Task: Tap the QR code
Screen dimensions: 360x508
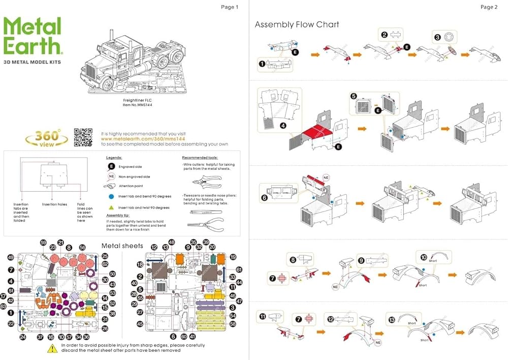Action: (x=83, y=137)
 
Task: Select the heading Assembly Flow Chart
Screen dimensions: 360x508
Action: (x=297, y=24)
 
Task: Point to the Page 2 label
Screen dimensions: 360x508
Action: (x=489, y=7)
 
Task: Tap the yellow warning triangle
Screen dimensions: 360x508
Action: (x=52, y=348)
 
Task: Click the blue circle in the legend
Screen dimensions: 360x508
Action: (x=111, y=195)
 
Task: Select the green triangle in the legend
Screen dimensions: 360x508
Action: (x=111, y=207)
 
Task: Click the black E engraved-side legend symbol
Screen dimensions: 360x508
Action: (x=111, y=166)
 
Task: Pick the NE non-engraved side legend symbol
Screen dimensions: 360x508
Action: (x=111, y=176)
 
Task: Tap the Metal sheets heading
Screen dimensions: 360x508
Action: (x=122, y=246)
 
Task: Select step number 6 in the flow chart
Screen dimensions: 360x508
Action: (x=264, y=199)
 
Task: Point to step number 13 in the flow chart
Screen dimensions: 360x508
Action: (x=391, y=320)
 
